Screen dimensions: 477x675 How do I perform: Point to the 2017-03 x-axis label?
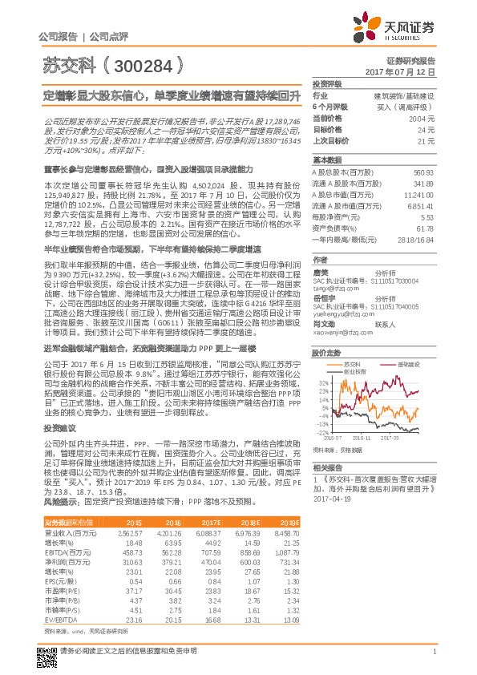391,438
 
